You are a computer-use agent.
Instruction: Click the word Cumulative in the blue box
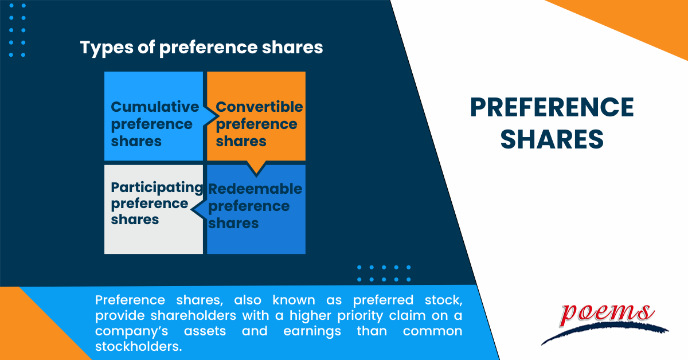click(x=155, y=107)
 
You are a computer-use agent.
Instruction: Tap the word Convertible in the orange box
click(x=259, y=107)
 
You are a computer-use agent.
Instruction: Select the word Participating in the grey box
click(x=157, y=187)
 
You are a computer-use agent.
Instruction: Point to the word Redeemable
click(x=255, y=189)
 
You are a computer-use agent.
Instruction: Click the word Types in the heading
click(x=107, y=48)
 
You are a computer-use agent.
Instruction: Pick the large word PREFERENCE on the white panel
click(x=552, y=108)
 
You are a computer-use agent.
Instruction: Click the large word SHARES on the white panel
click(x=552, y=139)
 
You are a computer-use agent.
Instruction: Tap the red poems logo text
click(x=607, y=314)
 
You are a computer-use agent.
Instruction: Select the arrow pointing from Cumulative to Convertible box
click(x=212, y=116)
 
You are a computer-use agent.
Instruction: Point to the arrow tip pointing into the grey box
click(x=191, y=210)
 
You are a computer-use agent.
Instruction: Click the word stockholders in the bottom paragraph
click(x=139, y=346)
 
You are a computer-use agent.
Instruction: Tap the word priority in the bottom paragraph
click(x=360, y=316)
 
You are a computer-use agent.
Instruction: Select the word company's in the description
click(x=131, y=331)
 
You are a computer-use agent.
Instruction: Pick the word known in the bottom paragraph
click(x=294, y=300)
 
